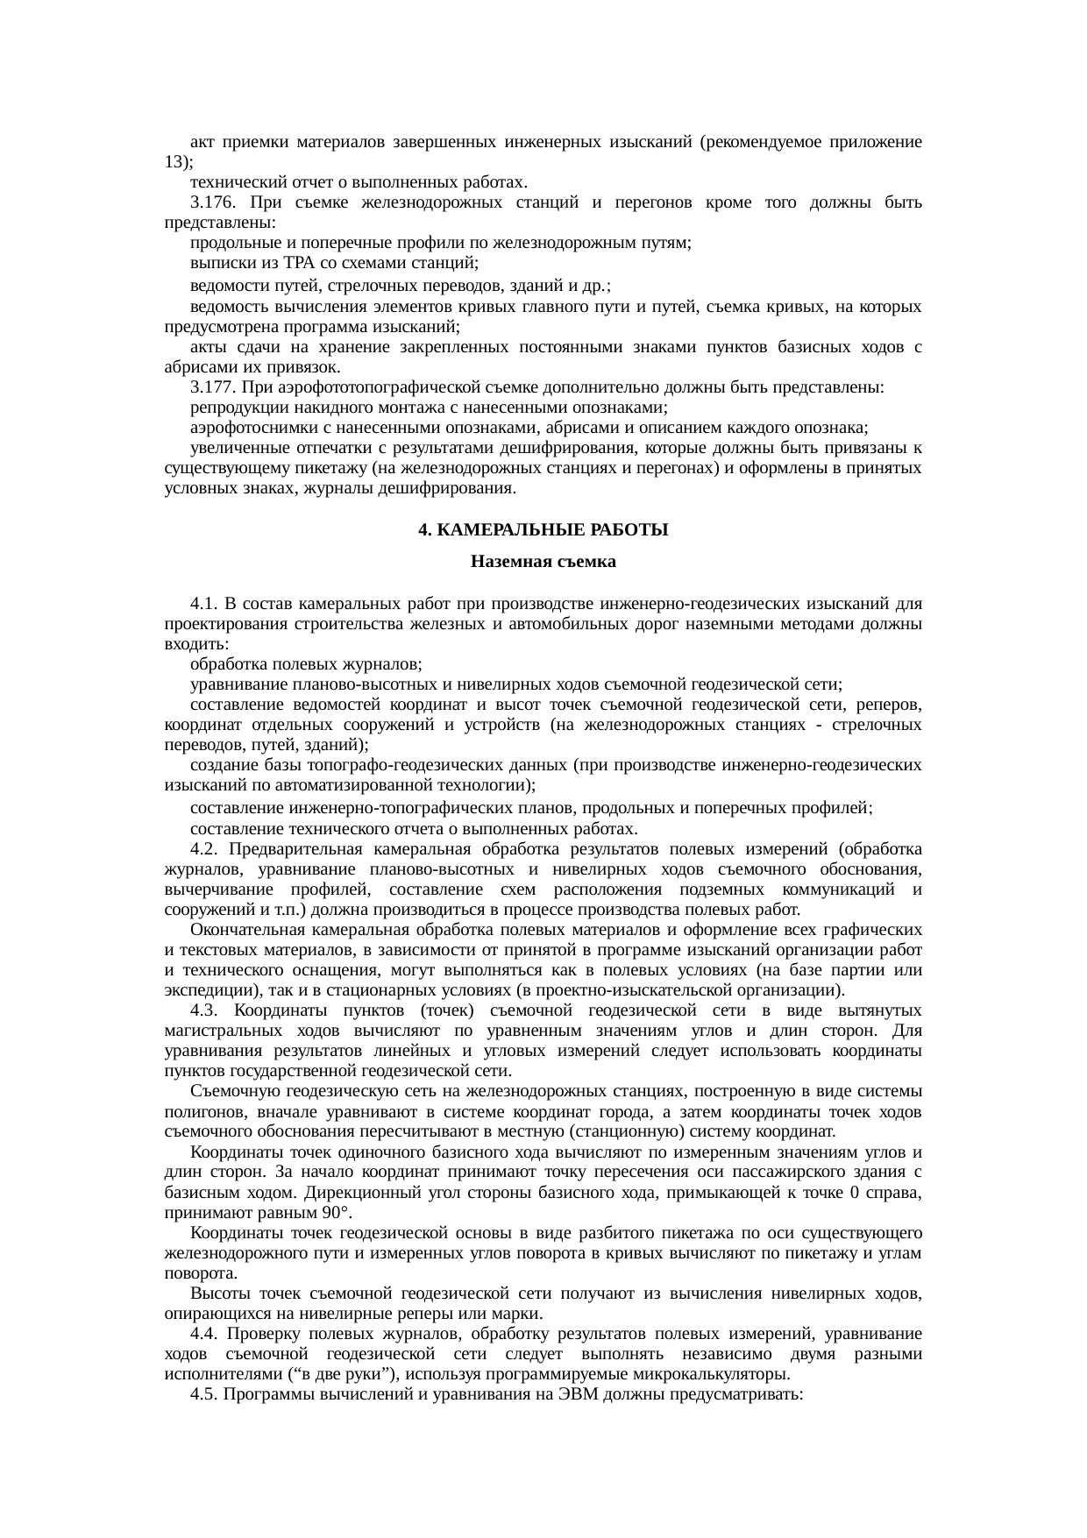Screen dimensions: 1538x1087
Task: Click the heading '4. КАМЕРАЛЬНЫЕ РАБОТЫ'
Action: pyautogui.click(x=543, y=531)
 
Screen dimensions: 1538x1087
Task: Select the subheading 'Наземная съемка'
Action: pyautogui.click(x=543, y=562)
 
